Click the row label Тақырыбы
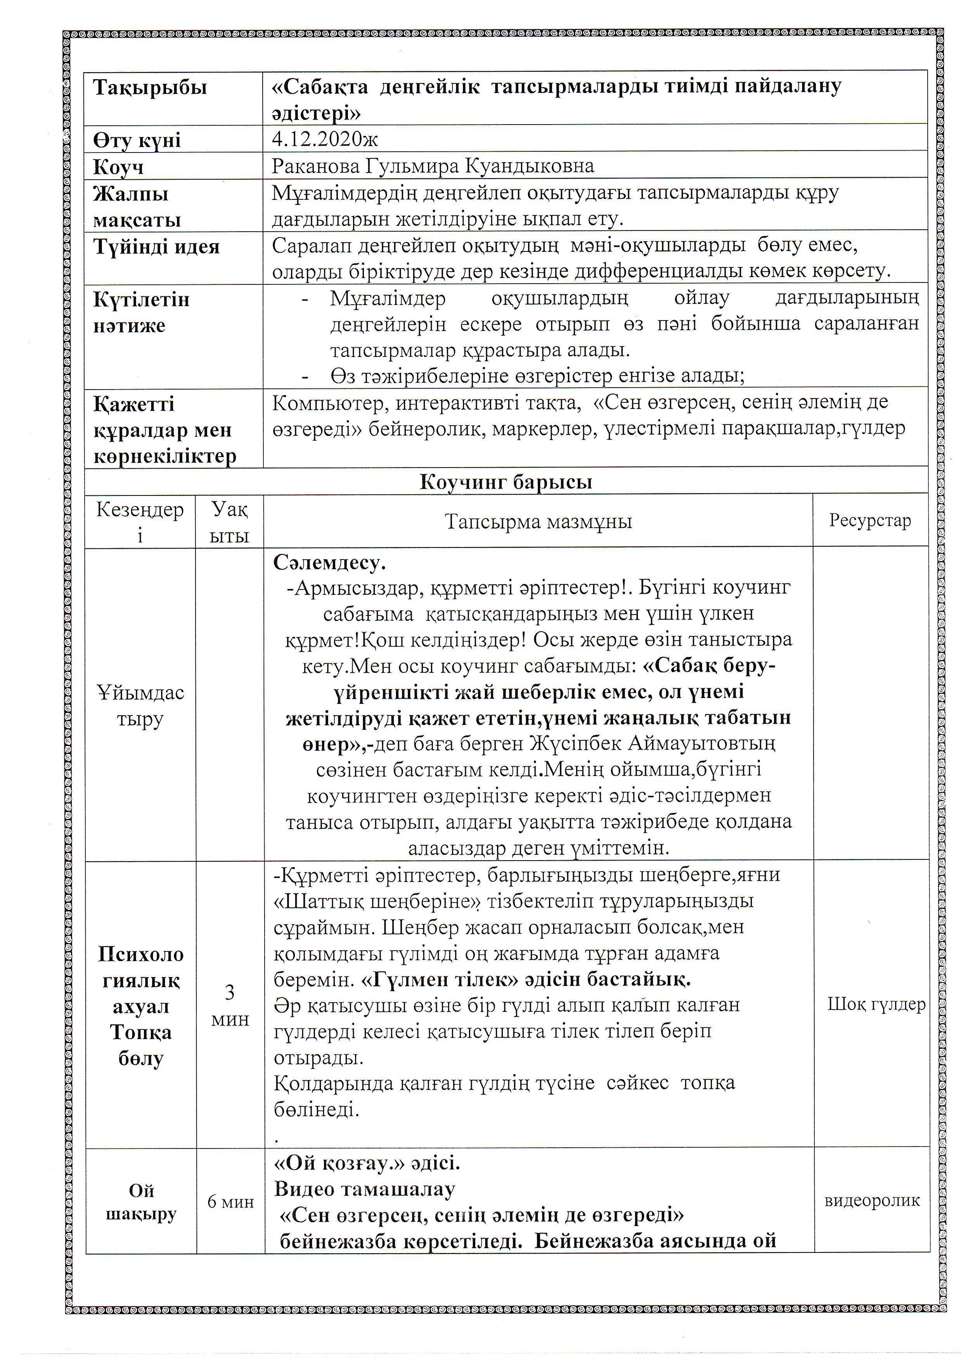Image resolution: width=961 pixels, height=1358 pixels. click(x=150, y=88)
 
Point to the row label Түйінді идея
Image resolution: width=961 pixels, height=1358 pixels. click(x=156, y=246)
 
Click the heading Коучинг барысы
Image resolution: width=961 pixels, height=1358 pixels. click(x=506, y=482)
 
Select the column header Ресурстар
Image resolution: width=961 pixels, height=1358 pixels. click(x=870, y=521)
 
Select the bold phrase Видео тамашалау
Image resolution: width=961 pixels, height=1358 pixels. click(x=365, y=1189)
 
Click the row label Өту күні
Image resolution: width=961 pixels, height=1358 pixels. click(x=137, y=140)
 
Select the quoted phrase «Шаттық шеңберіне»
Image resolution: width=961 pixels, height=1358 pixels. click(x=377, y=901)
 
